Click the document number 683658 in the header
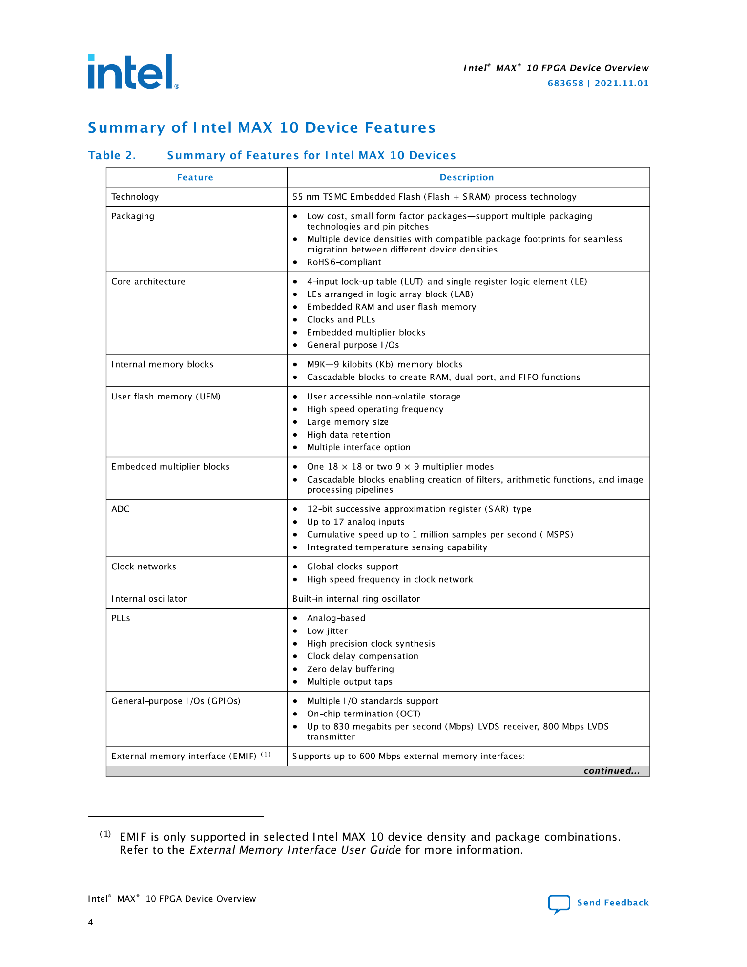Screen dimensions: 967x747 point(565,84)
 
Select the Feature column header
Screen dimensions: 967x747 point(195,178)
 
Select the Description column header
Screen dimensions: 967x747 point(467,178)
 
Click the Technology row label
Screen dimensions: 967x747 point(135,197)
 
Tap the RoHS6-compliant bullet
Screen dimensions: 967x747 point(344,262)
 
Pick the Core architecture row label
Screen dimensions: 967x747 point(148,282)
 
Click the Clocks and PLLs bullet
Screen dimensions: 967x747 point(341,320)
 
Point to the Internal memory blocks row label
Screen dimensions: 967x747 point(162,365)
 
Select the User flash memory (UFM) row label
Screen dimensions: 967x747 point(166,397)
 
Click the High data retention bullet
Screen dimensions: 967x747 point(348,435)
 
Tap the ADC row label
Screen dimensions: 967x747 point(121,509)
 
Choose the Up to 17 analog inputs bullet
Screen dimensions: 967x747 point(355,522)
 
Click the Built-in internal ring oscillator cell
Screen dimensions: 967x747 point(356,599)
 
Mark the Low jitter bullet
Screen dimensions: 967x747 point(327,631)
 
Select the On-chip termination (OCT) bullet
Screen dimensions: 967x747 point(363,714)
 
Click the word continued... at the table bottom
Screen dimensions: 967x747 point(611,771)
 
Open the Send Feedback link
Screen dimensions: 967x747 point(613,903)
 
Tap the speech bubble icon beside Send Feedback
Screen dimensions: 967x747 point(559,904)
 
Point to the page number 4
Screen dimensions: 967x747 point(90,922)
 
